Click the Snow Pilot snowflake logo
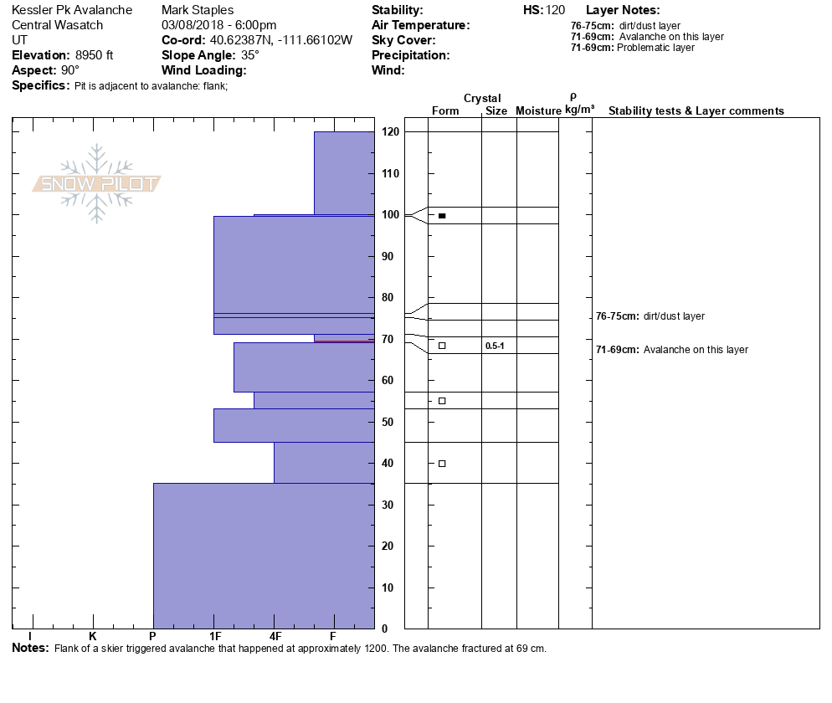point(97,183)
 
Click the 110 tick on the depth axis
point(390,174)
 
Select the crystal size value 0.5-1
point(495,346)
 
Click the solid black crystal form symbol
point(442,216)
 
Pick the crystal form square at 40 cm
point(442,464)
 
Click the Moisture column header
point(538,111)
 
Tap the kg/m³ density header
point(579,110)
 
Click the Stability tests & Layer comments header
point(696,111)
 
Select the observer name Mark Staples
point(198,10)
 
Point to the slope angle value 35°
point(244,55)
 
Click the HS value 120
point(555,10)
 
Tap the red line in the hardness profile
point(344,341)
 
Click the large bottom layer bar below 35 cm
point(263,556)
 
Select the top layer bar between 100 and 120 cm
point(344,172)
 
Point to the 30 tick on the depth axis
point(390,505)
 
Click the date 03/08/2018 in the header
point(194,25)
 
